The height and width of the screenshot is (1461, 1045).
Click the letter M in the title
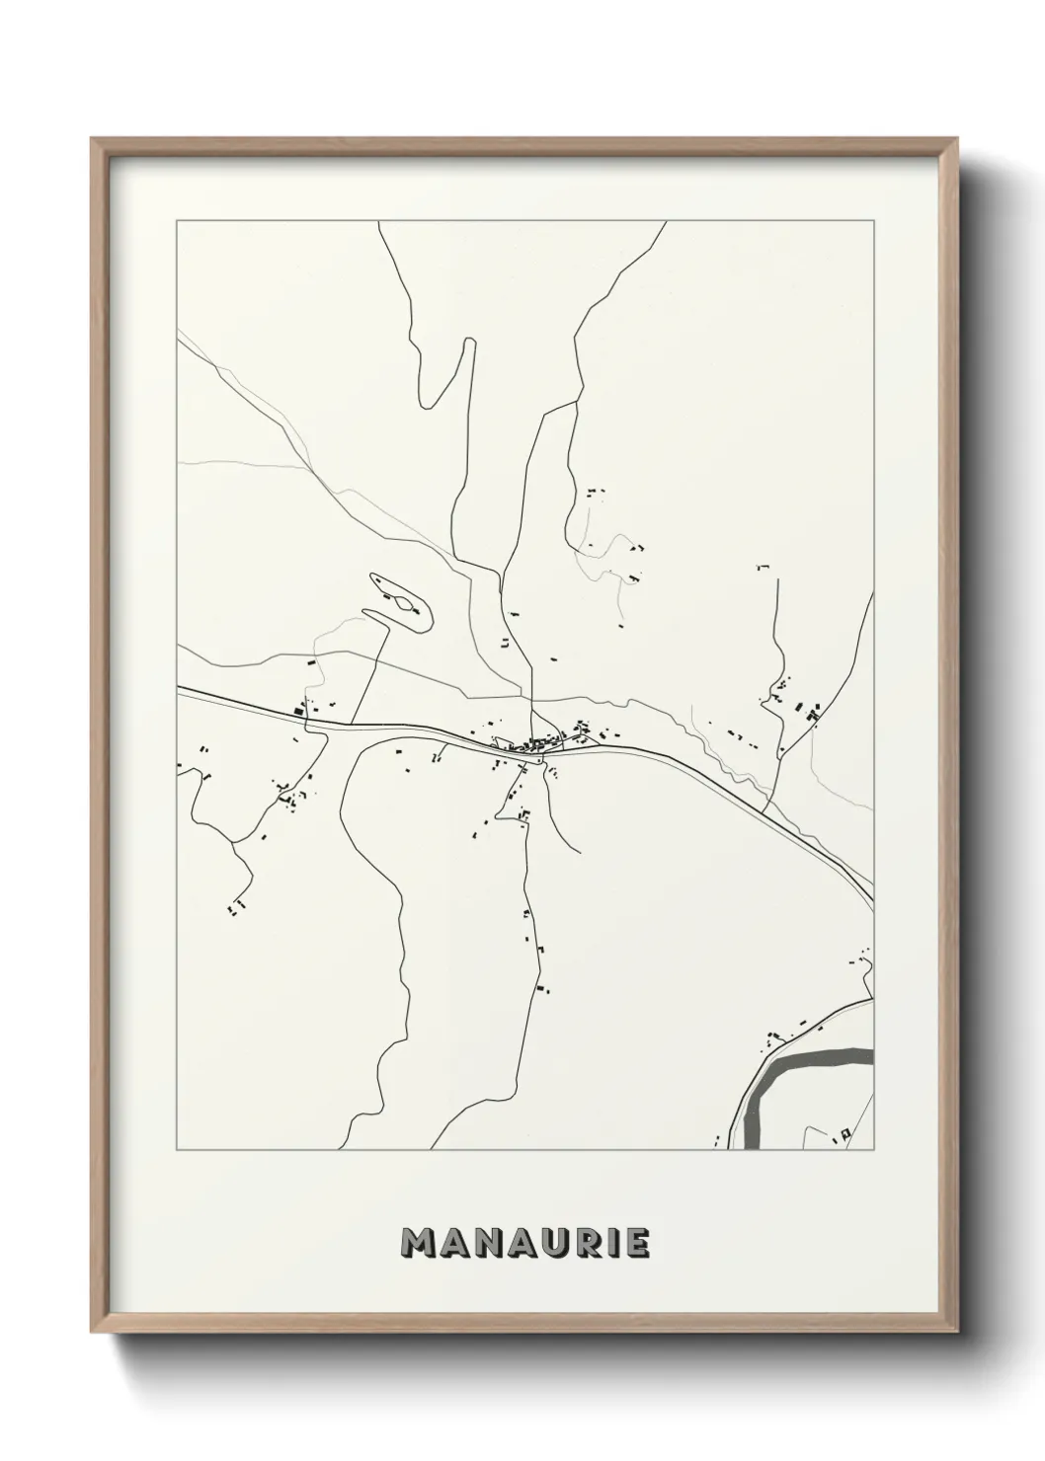point(419,1243)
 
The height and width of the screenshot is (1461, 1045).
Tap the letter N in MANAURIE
point(489,1243)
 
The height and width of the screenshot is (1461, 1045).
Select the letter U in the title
point(558,1243)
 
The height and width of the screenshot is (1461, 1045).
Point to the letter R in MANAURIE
point(591,1243)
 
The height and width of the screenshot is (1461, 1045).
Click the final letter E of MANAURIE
point(637,1243)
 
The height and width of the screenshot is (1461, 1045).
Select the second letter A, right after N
point(523,1243)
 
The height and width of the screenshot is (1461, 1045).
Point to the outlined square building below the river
point(844,1135)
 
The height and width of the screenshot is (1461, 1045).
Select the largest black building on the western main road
point(298,708)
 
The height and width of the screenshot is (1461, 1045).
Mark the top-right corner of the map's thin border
point(873,221)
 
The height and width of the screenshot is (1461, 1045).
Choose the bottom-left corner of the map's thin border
point(176,1150)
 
